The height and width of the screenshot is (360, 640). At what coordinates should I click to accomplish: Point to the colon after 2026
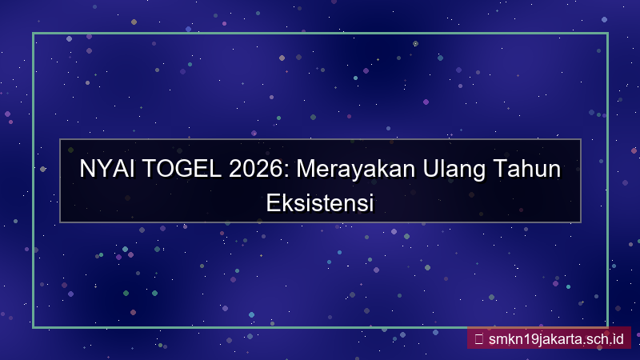[272, 172]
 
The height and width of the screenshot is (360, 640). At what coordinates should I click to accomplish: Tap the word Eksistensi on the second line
[320, 201]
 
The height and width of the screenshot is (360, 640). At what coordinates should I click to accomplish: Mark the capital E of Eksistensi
[270, 201]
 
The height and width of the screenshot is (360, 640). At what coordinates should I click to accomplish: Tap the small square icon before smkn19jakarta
[478, 338]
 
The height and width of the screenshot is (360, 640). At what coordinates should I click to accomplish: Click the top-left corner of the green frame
[34, 34]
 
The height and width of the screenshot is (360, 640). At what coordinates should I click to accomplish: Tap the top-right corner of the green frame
[607, 34]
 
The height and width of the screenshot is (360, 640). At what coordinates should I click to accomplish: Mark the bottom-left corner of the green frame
[34, 327]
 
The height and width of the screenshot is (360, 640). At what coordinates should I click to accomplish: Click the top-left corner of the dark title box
[60, 140]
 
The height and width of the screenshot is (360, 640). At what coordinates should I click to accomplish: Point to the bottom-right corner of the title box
[580, 222]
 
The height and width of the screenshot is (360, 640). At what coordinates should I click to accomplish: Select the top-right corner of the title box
[580, 140]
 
